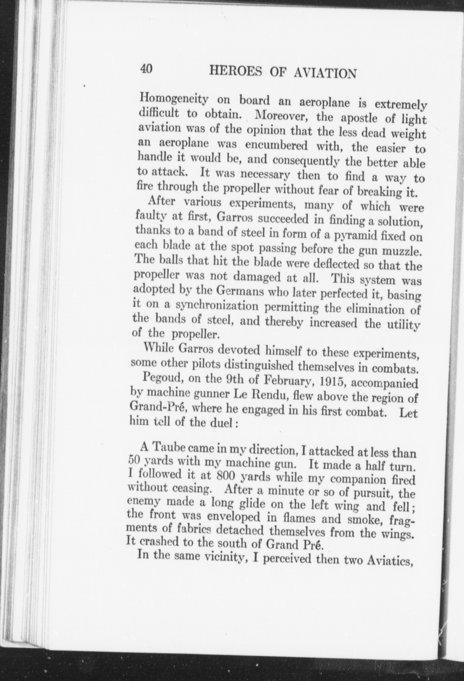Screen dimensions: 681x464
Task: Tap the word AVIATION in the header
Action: click(x=325, y=73)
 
